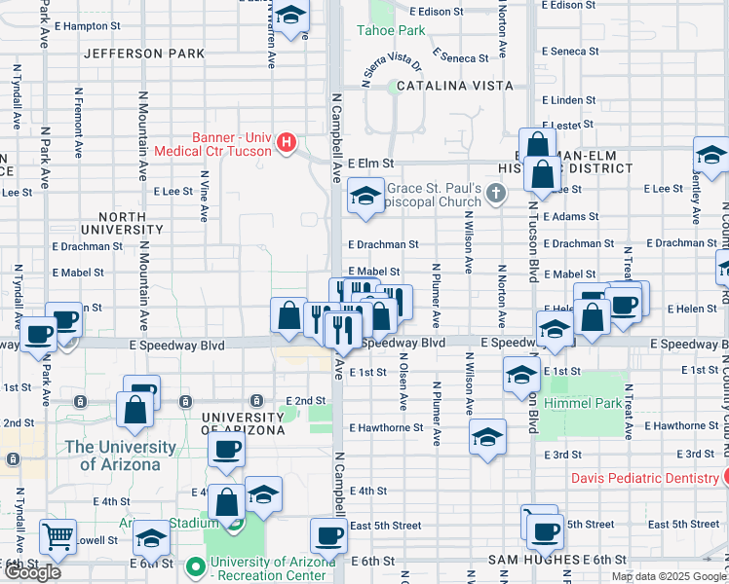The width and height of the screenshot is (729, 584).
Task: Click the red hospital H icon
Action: coord(286,144)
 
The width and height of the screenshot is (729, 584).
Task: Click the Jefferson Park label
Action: coord(144,54)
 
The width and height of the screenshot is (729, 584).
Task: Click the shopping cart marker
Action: coord(58,535)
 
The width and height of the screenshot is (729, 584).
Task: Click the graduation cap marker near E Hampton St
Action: coord(289,17)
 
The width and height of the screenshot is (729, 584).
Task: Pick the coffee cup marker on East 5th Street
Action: coord(328,534)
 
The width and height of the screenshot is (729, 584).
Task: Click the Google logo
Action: coord(31,572)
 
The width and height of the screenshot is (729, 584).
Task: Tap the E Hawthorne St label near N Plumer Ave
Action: coord(386,427)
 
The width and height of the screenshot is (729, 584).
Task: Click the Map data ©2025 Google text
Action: coord(669,576)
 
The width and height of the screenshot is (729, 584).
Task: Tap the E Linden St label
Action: coord(568,100)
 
